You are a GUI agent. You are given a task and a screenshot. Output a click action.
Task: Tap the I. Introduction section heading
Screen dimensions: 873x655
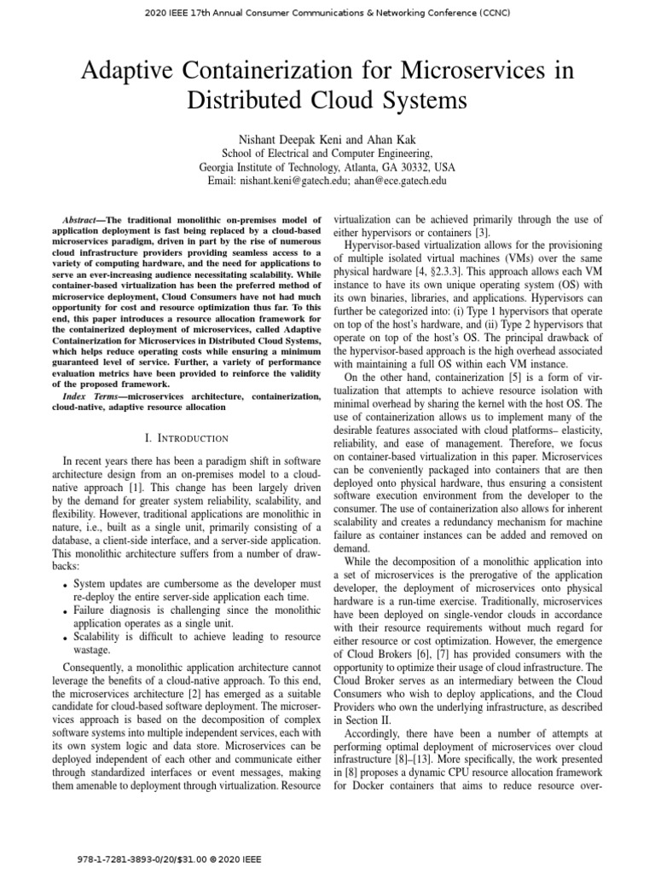point(186,438)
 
